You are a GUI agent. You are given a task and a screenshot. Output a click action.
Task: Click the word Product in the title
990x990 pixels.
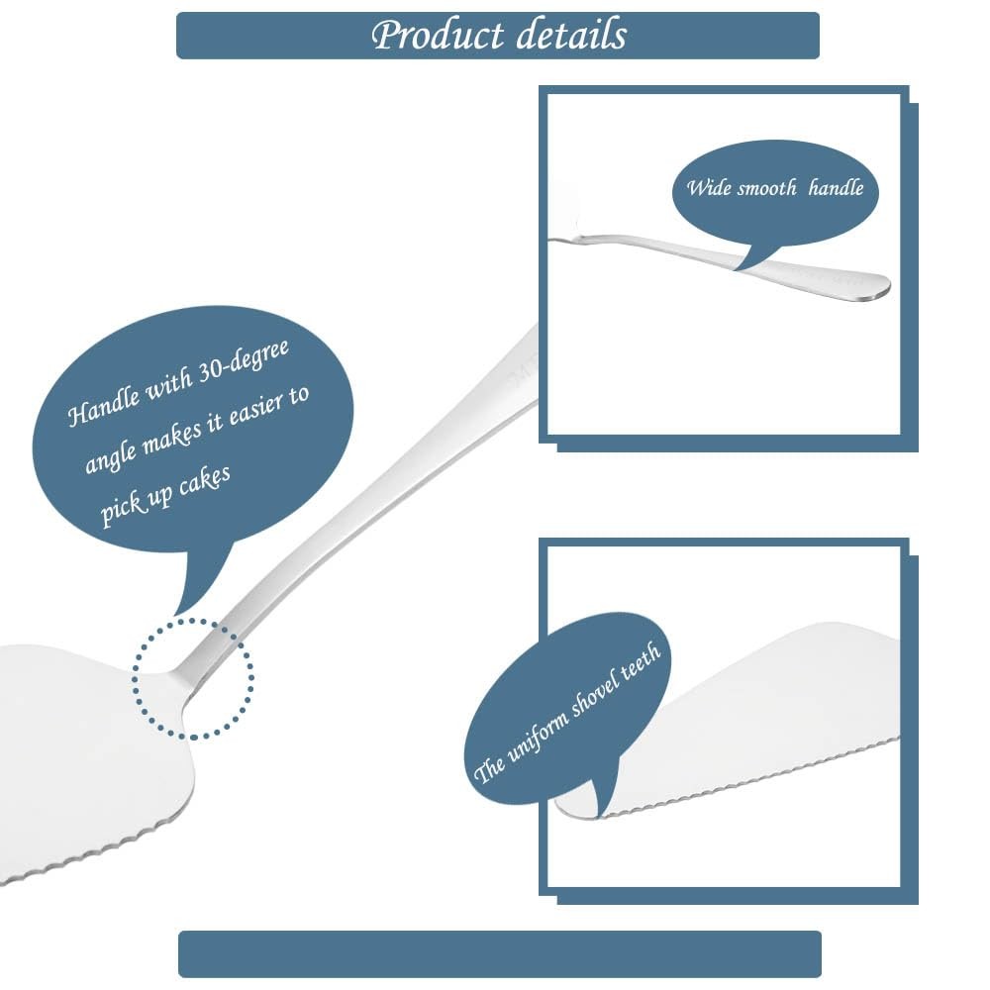coord(437,35)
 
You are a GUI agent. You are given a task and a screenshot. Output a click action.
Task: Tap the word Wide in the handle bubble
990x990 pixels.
coord(709,187)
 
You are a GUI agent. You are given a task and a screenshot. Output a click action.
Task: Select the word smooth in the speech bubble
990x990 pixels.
coord(769,187)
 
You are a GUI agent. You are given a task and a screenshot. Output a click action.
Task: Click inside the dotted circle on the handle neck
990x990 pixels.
coord(194,678)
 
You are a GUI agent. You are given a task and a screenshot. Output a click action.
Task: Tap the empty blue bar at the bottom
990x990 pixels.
coord(499,953)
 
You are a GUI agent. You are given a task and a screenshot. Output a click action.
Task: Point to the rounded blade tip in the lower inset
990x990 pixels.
coord(574,807)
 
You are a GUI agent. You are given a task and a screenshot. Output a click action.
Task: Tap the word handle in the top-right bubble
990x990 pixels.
coord(836,187)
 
